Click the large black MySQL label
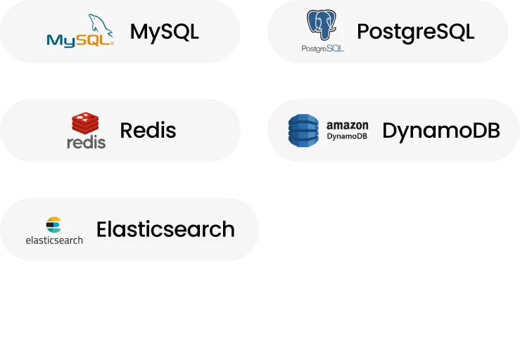165,32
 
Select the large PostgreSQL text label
415,32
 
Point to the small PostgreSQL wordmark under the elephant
322,49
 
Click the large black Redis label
148,130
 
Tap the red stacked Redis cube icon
86,124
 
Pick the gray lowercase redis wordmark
86,142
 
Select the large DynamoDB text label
441,131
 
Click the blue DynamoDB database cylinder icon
304,130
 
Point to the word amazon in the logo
347,125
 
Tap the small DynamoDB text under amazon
347,136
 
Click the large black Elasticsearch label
165,229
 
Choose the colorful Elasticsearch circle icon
54,224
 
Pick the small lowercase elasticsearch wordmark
54,240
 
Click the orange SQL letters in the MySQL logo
95,40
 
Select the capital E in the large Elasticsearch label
103,229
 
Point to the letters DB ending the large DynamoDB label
488,131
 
